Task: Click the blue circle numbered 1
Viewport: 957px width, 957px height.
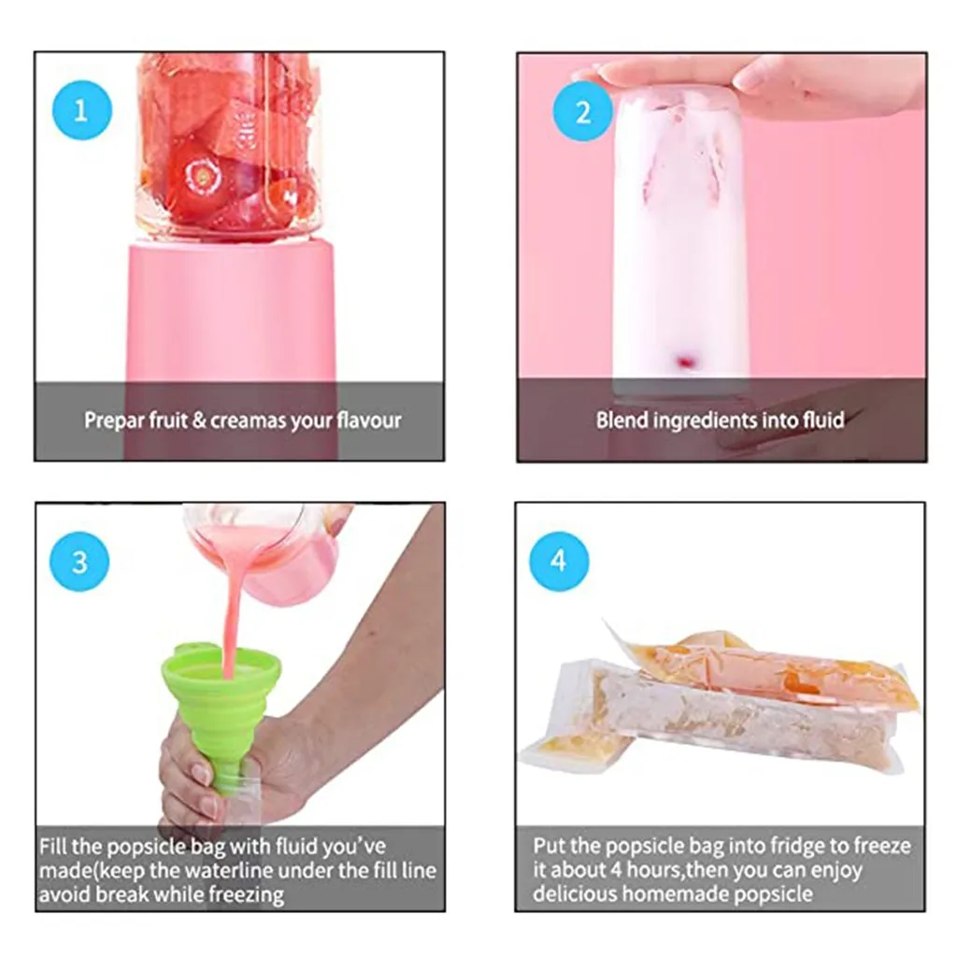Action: click(81, 111)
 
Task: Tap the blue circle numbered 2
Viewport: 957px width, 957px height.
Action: click(583, 111)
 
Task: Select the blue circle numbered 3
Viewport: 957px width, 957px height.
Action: click(79, 562)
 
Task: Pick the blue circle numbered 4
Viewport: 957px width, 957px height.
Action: click(559, 562)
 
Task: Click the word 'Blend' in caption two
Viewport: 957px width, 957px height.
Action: click(622, 421)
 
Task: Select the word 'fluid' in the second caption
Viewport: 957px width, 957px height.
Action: click(822, 421)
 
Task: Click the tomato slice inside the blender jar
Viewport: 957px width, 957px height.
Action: click(201, 175)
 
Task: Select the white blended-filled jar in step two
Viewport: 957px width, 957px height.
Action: click(680, 243)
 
